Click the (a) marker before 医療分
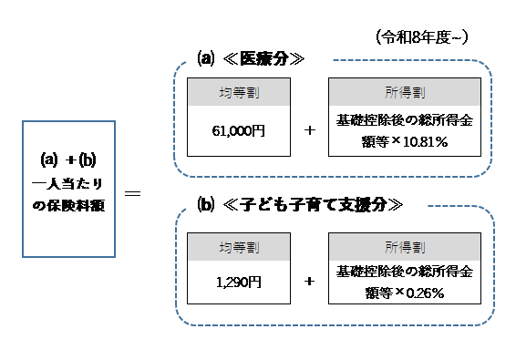[205, 59]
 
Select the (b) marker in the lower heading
[205, 204]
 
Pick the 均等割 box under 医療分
[238, 92]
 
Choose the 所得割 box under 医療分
[404, 92]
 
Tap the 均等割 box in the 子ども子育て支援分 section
[238, 245]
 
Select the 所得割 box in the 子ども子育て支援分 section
[404, 245]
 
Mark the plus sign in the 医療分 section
[310, 131]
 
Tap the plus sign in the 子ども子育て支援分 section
[310, 283]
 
